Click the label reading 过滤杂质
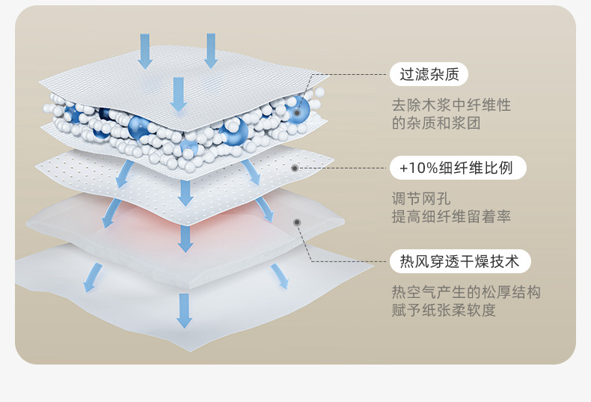(429, 74)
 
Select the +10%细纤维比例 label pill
(457, 168)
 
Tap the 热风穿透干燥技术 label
(459, 261)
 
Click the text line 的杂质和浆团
(435, 124)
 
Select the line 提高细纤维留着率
(451, 217)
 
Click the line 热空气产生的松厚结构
(465, 292)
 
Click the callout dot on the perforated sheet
(295, 168)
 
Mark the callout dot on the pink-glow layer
(297, 222)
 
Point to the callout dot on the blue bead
(297, 113)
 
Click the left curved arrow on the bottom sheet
(92, 276)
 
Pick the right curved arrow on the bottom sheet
(279, 275)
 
